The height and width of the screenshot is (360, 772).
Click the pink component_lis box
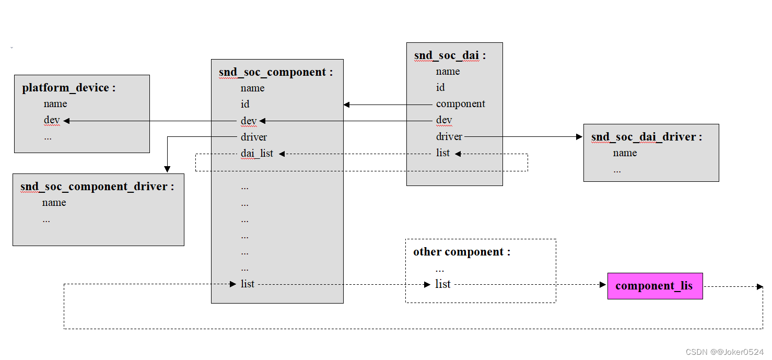click(x=654, y=286)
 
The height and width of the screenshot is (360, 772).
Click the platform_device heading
click(x=68, y=88)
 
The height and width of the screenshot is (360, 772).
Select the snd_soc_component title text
click(x=275, y=72)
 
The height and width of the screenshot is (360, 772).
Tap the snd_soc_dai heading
click(x=450, y=55)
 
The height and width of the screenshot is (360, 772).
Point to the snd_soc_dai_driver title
click(x=646, y=137)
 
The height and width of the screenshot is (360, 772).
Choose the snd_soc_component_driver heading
click(x=97, y=187)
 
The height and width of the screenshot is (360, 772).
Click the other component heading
click(x=462, y=252)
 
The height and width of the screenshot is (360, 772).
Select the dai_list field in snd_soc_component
click(x=256, y=154)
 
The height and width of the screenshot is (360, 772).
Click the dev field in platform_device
click(x=52, y=120)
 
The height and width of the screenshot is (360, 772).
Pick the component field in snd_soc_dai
click(x=460, y=104)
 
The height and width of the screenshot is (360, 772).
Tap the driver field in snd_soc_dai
click(x=449, y=137)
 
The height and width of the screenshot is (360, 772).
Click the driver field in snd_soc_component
click(x=253, y=137)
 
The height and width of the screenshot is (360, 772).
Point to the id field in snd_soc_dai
click(x=440, y=87)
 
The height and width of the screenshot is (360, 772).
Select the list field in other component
click(x=442, y=284)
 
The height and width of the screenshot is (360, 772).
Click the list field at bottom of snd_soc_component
click(x=248, y=284)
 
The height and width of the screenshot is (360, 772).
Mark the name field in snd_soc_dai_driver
click(x=625, y=153)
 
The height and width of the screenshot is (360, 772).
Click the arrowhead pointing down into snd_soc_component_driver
click(x=167, y=169)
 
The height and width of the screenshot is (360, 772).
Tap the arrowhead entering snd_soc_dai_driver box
click(x=579, y=137)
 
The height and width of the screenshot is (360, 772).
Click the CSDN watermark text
click(x=724, y=352)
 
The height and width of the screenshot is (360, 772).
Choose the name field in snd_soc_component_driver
click(x=54, y=203)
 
